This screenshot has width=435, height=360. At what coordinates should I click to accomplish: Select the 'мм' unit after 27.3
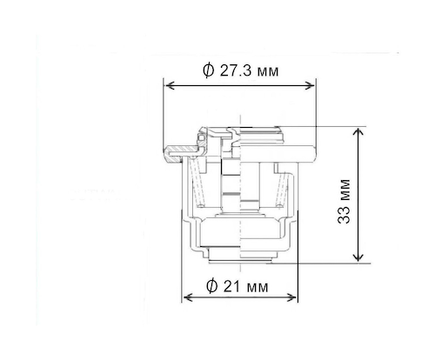[267, 70]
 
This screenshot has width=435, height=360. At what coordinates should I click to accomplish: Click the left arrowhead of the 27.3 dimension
[170, 86]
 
